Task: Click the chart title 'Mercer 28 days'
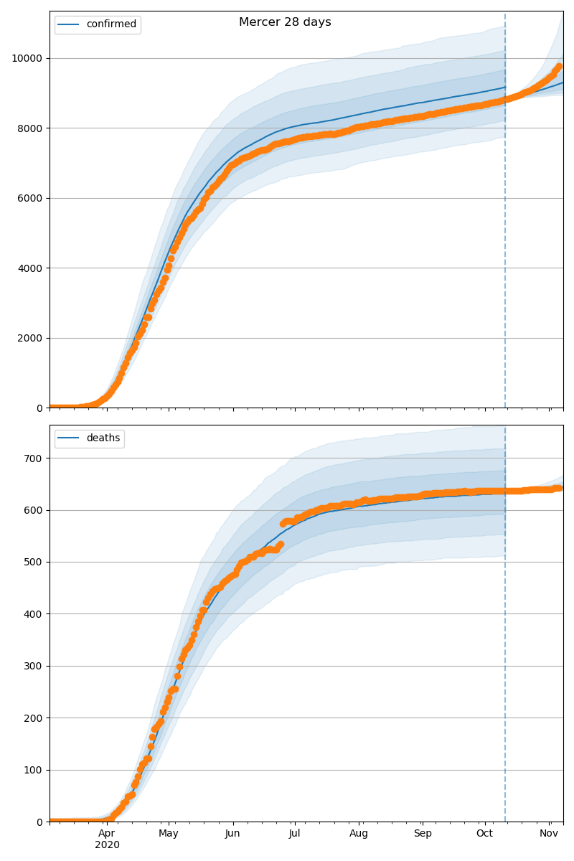[x=285, y=22]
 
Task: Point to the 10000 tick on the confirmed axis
[x=27, y=58]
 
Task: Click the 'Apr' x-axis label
[x=107, y=834]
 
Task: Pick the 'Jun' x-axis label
[x=232, y=834]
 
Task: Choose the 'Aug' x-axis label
[x=359, y=834]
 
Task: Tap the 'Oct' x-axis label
[x=485, y=834]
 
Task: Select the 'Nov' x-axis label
[x=549, y=834]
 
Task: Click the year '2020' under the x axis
[x=107, y=845]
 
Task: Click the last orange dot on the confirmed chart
[x=559, y=67]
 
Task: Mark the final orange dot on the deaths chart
[x=559, y=489]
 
